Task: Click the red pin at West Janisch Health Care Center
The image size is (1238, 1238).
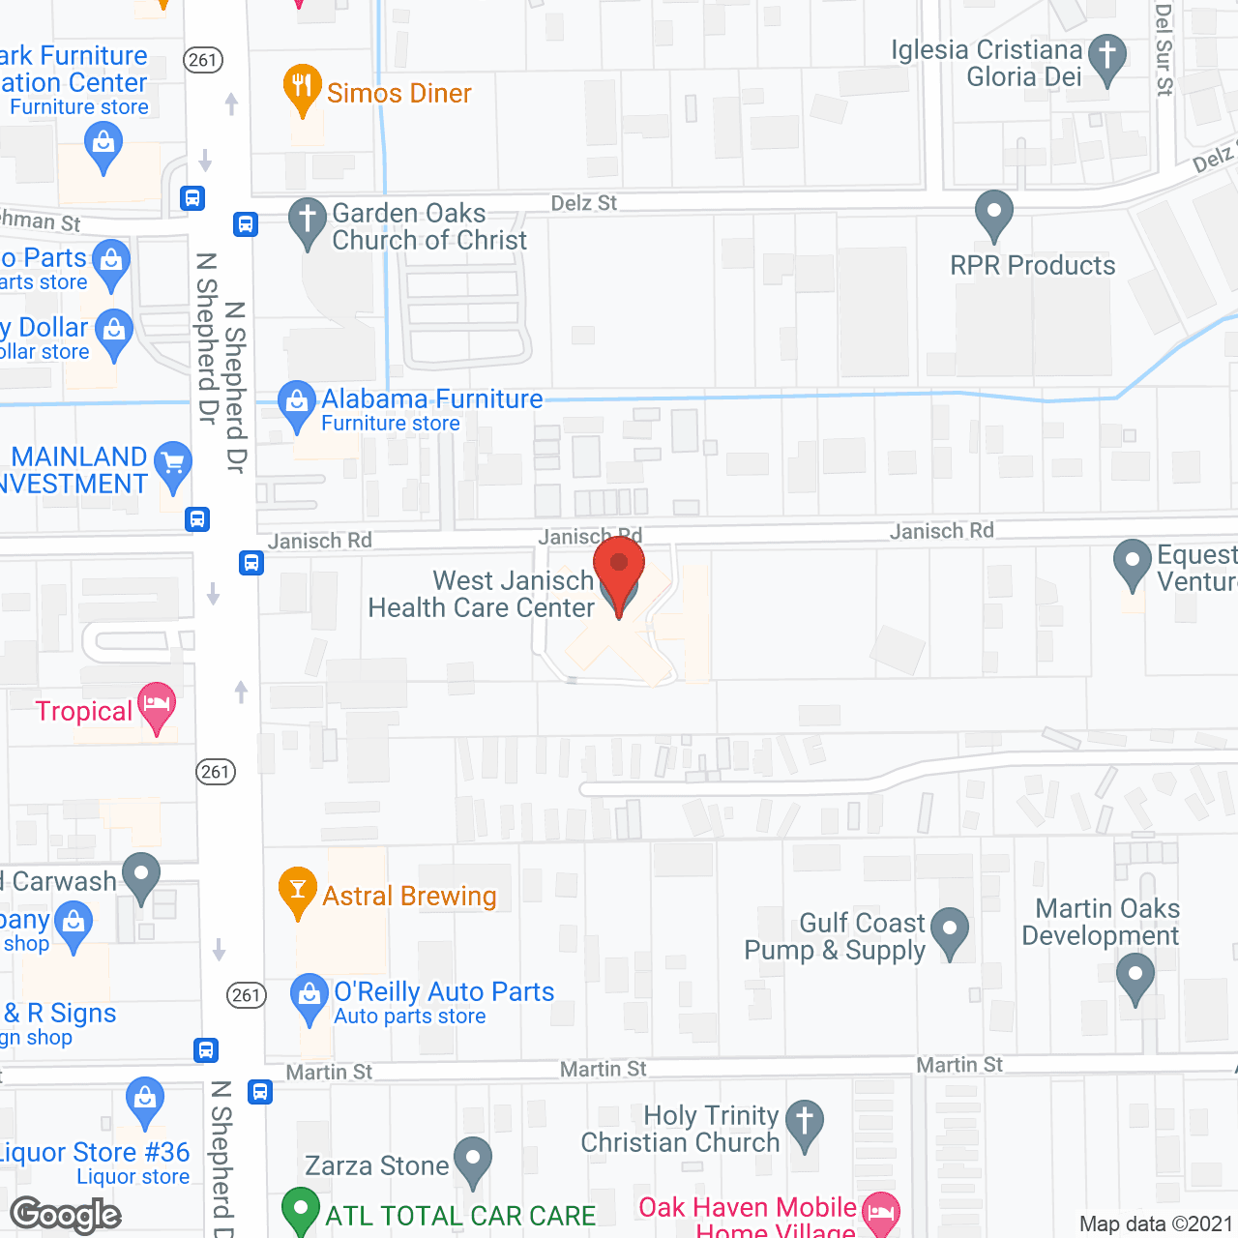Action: tap(618, 566)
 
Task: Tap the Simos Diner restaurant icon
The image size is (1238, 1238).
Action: tap(303, 87)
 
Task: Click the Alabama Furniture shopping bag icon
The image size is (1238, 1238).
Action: tap(296, 403)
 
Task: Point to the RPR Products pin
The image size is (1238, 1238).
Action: tap(993, 213)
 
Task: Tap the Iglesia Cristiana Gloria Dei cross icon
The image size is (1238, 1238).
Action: tap(1107, 56)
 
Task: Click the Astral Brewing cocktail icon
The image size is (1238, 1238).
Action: tap(297, 890)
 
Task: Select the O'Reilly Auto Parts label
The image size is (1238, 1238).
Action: tap(444, 991)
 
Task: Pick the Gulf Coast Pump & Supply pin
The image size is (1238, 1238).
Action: tap(950, 930)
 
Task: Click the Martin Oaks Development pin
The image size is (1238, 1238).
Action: tap(1135, 976)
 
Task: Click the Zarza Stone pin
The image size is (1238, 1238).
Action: tap(472, 1159)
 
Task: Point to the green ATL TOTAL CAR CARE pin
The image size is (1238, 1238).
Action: tap(300, 1211)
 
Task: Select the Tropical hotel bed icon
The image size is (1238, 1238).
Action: tap(156, 704)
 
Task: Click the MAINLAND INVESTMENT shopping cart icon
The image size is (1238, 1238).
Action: tap(173, 463)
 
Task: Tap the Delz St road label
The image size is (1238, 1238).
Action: tap(583, 203)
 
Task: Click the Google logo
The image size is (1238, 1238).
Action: tap(66, 1215)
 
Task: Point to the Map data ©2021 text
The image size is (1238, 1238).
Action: tap(1156, 1223)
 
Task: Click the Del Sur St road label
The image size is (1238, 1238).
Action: tap(1164, 48)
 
